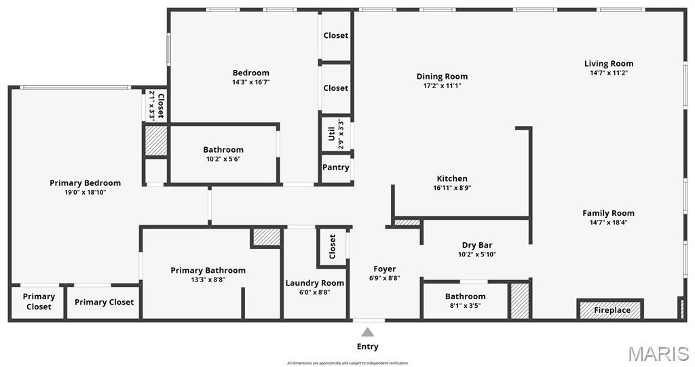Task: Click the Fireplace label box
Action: coord(612,310)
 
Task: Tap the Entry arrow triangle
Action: coord(367,332)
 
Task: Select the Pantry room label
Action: coord(336,168)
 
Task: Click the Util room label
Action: coord(332,134)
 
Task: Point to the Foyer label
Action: coord(384,269)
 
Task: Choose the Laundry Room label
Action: coord(314,283)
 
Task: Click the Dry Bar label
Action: coord(476,246)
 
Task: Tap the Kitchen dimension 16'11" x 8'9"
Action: coord(451,188)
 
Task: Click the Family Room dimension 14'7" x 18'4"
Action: coord(608,222)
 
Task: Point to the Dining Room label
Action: coord(442,77)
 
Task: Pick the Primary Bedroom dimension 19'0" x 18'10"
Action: coord(85,192)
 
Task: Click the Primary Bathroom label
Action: coord(208,271)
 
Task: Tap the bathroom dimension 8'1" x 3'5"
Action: coord(465,305)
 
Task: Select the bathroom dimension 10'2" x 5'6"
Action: coord(223,159)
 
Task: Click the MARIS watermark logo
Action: coord(658,353)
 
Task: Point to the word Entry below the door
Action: coord(367,347)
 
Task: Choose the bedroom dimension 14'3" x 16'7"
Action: coord(250,82)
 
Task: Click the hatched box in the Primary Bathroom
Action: coord(266,237)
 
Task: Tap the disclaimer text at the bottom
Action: coord(347,363)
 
